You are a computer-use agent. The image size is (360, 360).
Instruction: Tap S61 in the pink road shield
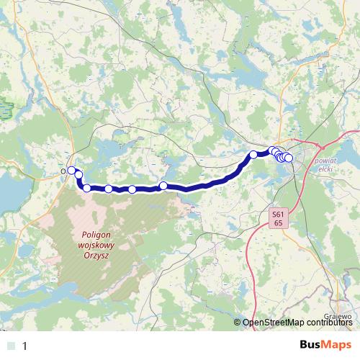278,215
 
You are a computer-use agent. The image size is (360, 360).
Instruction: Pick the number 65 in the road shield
278,223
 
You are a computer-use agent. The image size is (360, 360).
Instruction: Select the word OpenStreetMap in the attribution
277,323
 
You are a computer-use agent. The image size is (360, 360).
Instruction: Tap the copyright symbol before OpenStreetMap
238,323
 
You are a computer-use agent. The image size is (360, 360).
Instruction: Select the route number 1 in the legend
26,346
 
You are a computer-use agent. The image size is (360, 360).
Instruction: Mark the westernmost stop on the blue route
71,171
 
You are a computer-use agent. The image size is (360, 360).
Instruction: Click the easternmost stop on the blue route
289,158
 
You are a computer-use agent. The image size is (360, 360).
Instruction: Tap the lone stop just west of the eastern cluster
253,154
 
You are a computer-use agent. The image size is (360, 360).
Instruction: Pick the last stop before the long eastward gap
163,186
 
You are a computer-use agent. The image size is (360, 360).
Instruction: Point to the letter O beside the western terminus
64,171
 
